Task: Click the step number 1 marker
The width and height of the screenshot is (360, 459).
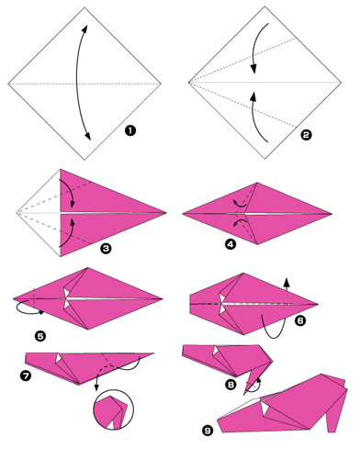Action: click(130, 131)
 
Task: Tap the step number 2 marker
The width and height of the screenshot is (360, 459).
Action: click(306, 134)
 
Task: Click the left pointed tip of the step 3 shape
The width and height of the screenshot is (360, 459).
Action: click(17, 213)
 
